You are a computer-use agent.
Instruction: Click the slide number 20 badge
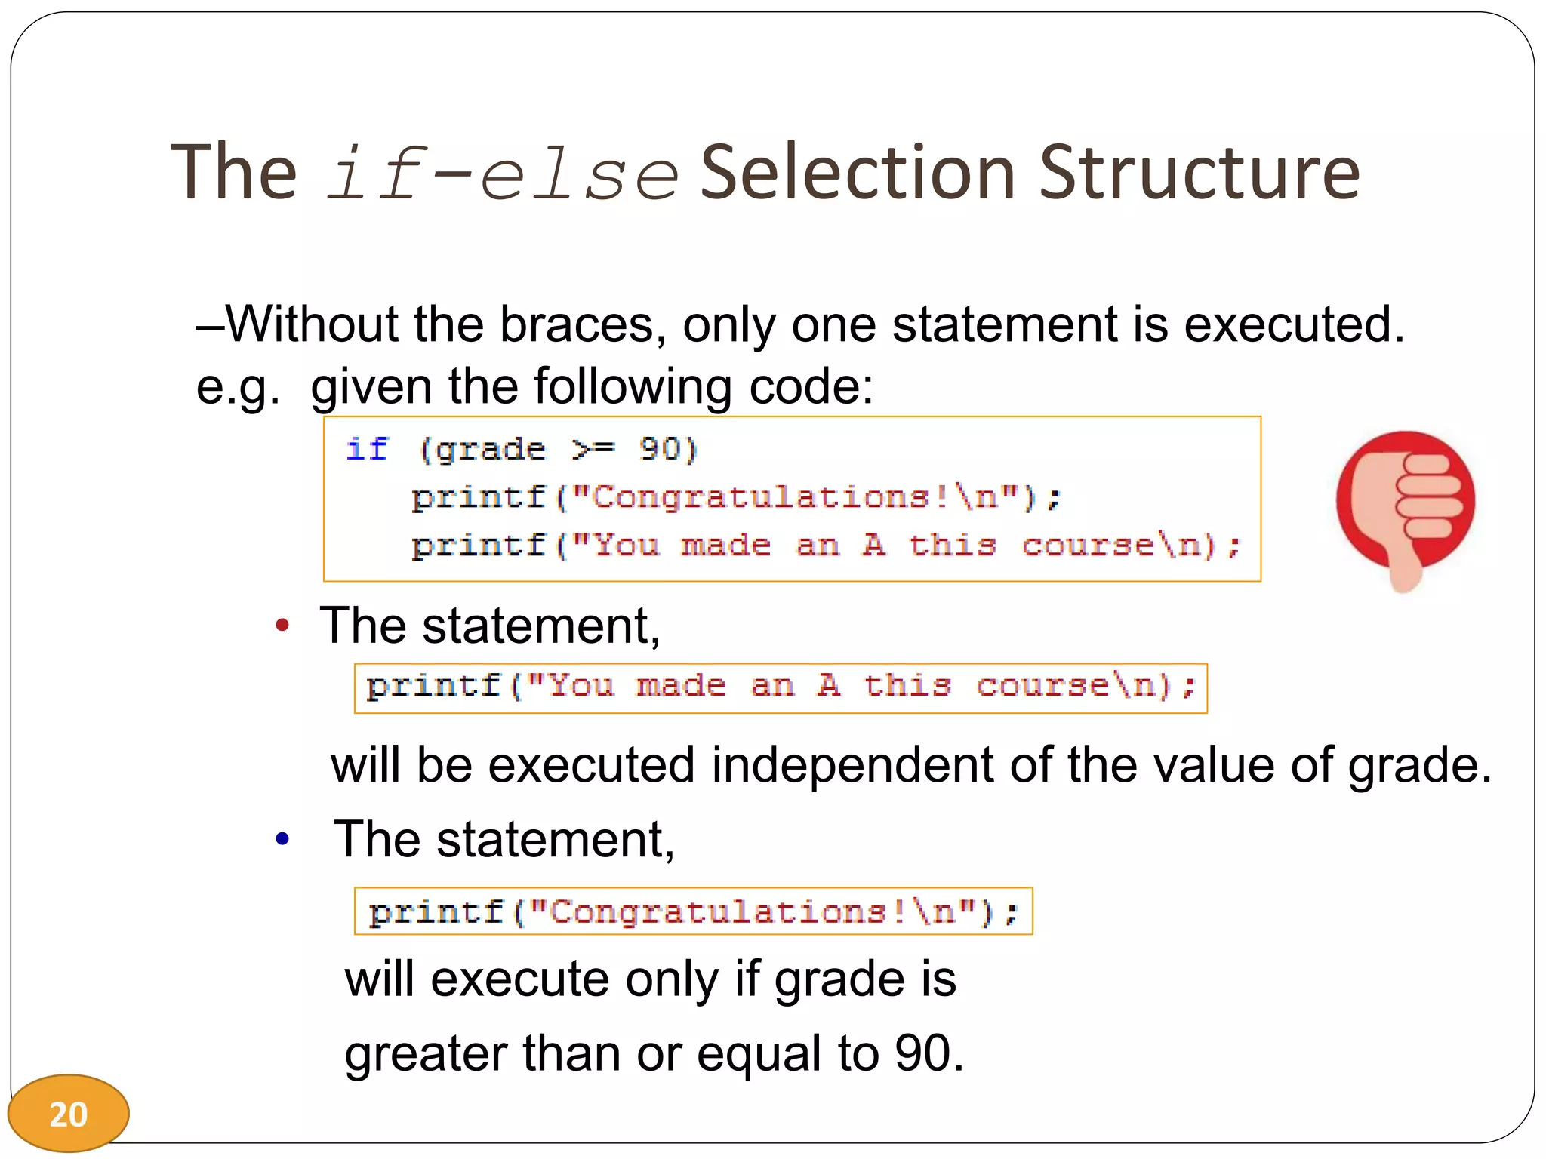(68, 1114)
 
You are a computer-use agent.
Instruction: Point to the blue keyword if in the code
(367, 449)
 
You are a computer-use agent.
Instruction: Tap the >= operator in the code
(593, 449)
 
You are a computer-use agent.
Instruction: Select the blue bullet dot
(282, 838)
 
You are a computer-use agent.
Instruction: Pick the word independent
(852, 766)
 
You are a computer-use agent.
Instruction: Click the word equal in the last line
(759, 1053)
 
